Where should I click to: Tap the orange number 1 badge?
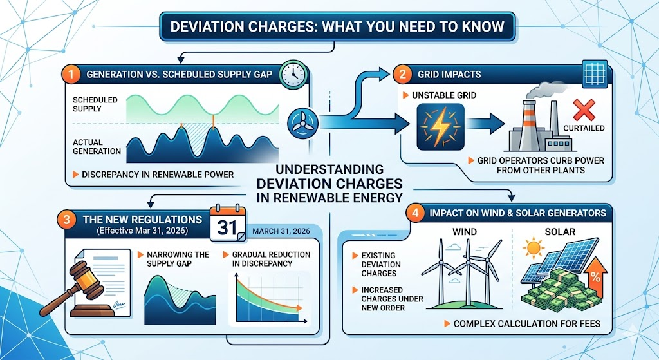(x=71, y=75)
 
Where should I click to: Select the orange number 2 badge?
(x=403, y=75)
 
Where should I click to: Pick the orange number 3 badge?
(x=66, y=219)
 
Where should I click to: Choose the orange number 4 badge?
(x=415, y=213)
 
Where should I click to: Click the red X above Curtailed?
(x=584, y=110)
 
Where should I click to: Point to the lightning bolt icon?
(x=440, y=128)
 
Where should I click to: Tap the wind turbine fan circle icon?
(x=303, y=123)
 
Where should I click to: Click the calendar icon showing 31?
(x=227, y=223)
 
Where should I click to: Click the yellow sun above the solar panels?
(x=534, y=248)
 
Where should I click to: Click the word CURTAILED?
(x=584, y=128)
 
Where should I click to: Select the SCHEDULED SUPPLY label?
(x=95, y=104)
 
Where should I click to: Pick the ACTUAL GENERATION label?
(x=97, y=146)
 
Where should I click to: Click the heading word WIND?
(x=465, y=232)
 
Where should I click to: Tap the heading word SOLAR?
(x=560, y=232)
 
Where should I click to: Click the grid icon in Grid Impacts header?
(x=595, y=75)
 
